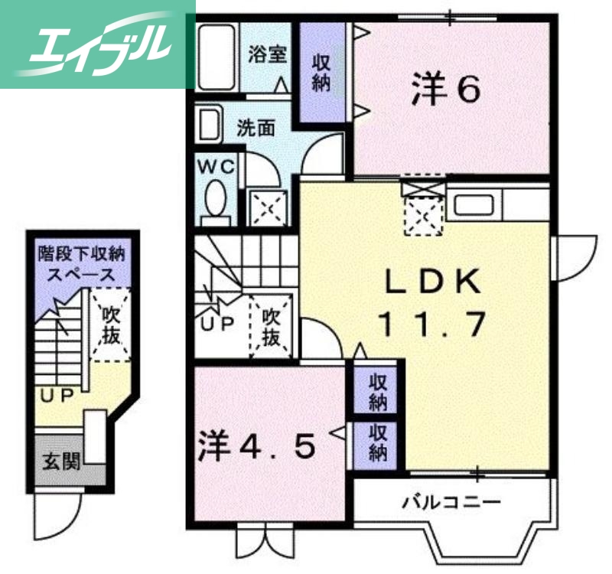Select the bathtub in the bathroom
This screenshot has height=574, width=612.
coord(216,58)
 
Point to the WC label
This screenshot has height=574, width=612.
coord(218,166)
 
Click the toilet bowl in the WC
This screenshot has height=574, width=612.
coord(216,198)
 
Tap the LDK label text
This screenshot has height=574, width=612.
coord(432,282)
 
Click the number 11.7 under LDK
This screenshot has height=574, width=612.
coord(432,326)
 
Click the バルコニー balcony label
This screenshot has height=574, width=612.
coord(451,502)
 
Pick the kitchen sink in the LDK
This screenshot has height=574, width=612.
coord(475,205)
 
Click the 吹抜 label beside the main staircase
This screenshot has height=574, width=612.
coord(272,327)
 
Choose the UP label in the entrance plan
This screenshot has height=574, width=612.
coord(57,395)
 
